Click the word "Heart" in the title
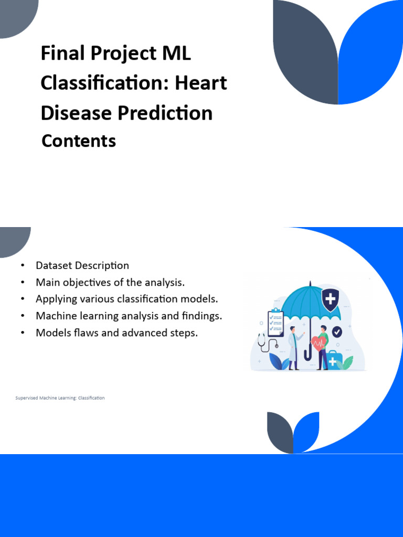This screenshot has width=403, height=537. (201, 83)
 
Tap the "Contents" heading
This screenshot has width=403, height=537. (79, 141)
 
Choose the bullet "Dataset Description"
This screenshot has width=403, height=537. (82, 265)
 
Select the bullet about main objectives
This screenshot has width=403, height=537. (110, 282)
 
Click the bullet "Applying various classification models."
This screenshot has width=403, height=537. (126, 299)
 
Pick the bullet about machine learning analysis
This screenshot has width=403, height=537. (129, 316)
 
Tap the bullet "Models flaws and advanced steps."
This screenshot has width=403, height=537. (116, 332)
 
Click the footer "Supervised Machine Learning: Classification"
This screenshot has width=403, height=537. (60, 398)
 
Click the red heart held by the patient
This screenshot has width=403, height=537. (318, 343)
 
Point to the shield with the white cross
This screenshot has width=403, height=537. (331, 299)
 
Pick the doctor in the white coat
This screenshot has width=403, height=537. (293, 348)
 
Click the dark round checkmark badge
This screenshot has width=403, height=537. (337, 331)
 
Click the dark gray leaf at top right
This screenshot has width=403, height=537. (306, 52)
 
